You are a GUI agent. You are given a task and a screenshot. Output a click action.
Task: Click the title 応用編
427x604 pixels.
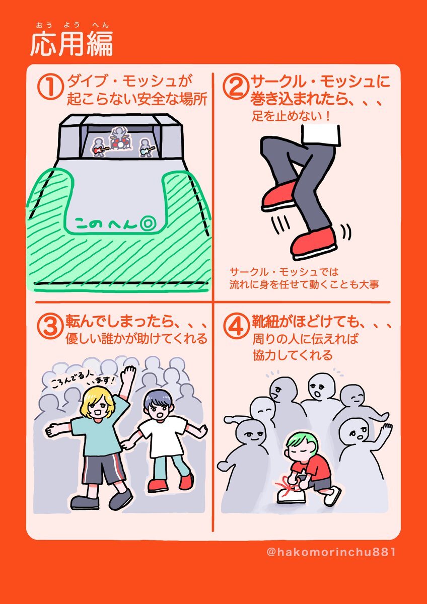(72, 44)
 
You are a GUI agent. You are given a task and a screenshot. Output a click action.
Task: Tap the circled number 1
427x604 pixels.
(50, 88)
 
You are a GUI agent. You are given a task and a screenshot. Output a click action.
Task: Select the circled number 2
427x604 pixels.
(235, 88)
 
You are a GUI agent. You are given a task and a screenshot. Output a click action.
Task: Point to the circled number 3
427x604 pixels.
(50, 327)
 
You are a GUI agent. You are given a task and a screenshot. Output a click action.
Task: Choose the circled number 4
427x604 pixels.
(236, 327)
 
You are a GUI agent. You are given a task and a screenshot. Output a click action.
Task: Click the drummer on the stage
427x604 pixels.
(119, 138)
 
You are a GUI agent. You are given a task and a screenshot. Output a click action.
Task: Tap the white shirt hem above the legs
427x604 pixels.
(320, 134)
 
